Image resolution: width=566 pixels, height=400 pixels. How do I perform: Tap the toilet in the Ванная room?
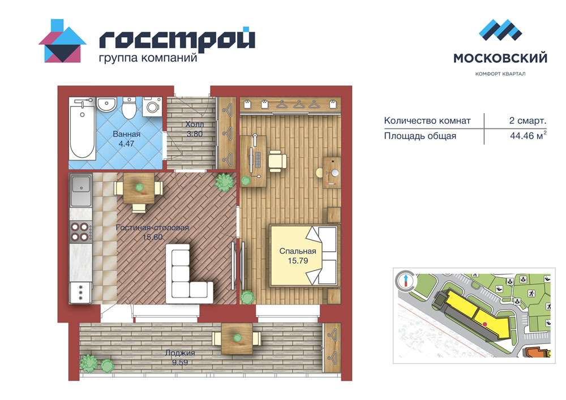pos(128,107)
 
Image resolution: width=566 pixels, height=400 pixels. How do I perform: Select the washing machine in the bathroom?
pos(152,106)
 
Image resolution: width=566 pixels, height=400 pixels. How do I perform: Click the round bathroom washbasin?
pos(106,105)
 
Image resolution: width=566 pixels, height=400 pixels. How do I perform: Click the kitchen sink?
pos(81,190)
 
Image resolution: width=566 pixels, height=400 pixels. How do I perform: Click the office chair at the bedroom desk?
pos(277,160)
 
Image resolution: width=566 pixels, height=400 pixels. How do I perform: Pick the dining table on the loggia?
pos(237,338)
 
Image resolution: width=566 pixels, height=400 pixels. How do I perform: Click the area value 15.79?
pos(298,261)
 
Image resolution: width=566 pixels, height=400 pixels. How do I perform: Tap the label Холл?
pos(195,124)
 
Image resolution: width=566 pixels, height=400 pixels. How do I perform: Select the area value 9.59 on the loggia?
pos(180,362)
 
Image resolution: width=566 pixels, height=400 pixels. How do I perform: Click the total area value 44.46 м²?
pos(528,135)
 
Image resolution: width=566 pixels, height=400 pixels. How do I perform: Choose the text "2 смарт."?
pos(528,121)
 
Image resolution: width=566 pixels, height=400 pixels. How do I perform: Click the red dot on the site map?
pos(485,324)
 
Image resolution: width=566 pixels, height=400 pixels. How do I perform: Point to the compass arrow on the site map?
pos(406,280)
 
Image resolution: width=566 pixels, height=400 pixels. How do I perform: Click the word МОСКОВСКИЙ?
pos(500,58)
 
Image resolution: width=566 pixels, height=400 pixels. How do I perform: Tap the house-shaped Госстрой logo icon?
pos(62,41)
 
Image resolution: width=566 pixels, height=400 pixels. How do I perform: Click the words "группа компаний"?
pos(148,58)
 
